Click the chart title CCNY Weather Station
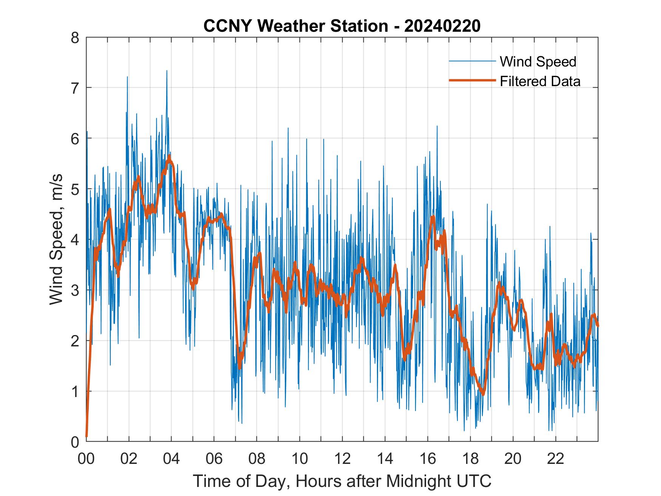coord(296,26)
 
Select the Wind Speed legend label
coord(538,62)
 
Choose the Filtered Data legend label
coord(540,81)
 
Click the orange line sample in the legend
coord(472,80)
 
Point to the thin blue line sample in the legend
coord(472,61)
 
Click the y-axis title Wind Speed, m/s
coord(56,240)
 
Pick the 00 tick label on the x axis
coord(86,459)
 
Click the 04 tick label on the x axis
coord(171,459)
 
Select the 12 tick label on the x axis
coord(342,459)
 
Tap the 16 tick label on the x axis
coord(428,459)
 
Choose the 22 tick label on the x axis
coord(556,459)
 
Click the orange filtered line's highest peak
coord(169,156)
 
